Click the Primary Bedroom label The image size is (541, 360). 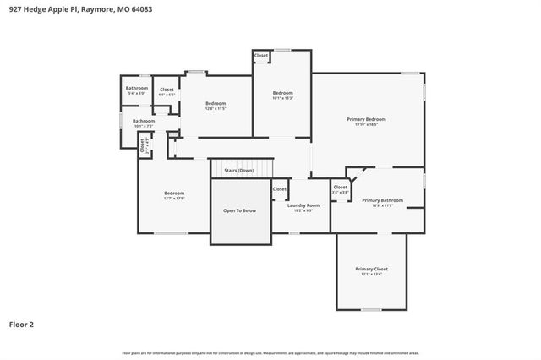367,120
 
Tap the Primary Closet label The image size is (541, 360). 372,269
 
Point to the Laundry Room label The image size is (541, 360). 303,205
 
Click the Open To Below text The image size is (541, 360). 239,210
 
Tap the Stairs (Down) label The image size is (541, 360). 239,170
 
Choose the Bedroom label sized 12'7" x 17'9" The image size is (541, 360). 174,194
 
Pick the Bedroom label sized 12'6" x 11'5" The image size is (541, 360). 216,104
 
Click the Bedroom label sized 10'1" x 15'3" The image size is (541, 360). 282,93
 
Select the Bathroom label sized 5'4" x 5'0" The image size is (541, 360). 137,89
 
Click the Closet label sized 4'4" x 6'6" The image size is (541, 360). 167,90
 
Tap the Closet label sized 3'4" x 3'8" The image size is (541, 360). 340,188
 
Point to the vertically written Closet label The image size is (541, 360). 142,145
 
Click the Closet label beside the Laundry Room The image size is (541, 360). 279,189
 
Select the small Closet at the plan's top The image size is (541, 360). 261,56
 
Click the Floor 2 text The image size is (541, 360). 21,324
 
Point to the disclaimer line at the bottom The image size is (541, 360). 270,352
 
